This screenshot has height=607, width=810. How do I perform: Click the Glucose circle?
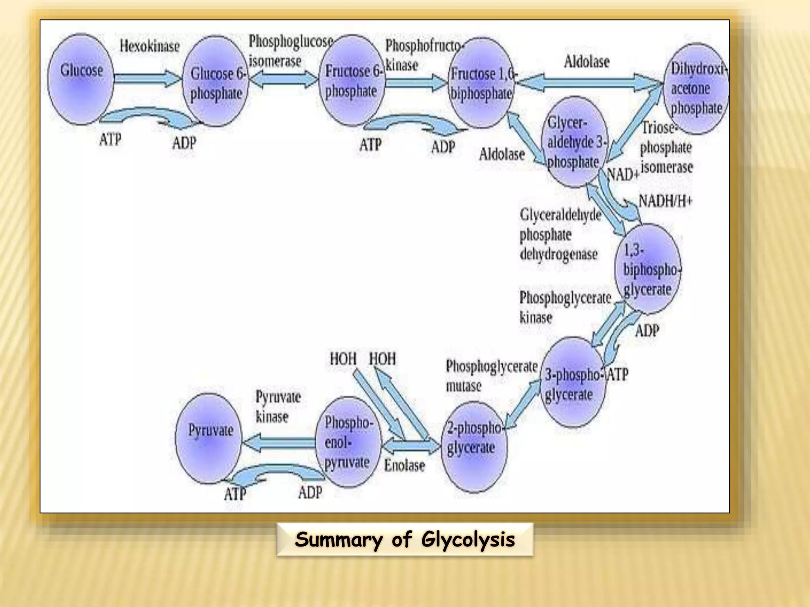click(81, 79)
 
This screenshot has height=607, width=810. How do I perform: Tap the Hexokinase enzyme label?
click(150, 46)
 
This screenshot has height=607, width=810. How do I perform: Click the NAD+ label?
click(623, 174)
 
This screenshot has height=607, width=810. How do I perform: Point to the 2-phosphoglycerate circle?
click(474, 447)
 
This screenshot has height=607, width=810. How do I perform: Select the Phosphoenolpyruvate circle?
click(348, 443)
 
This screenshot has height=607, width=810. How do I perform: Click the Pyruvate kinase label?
click(278, 406)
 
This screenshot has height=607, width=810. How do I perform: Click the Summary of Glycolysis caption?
click(405, 539)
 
